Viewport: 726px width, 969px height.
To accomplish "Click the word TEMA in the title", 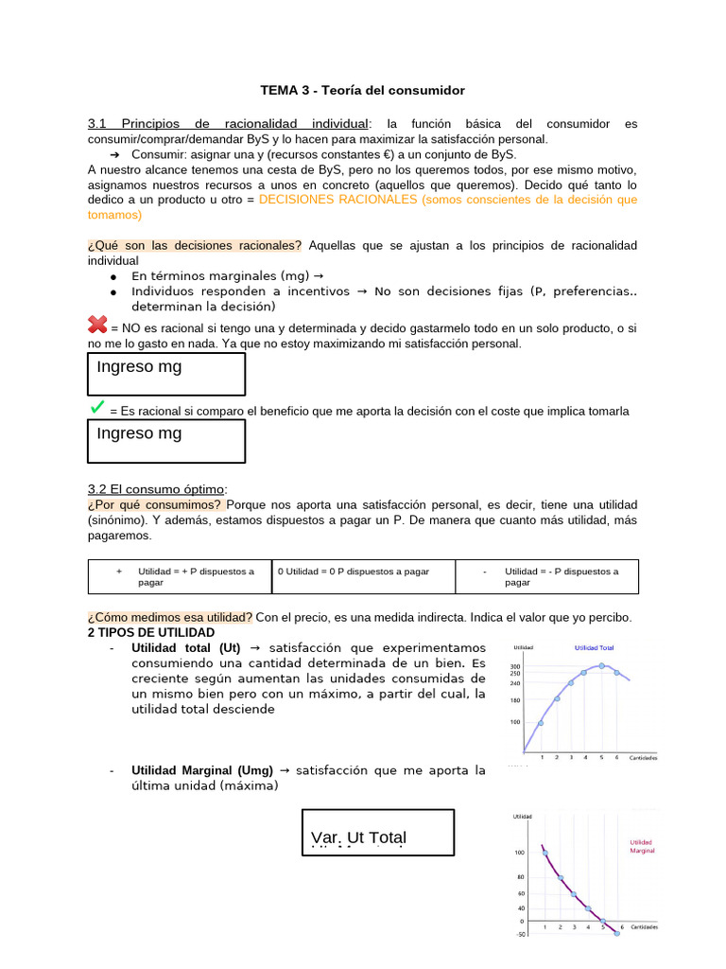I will coord(278,91).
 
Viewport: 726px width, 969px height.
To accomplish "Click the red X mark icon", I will coord(97,326).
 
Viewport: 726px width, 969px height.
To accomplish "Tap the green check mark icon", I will coord(96,407).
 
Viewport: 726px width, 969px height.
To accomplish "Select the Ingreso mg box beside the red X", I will coord(166,373).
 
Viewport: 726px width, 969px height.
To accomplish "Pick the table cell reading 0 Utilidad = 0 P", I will coord(363,576).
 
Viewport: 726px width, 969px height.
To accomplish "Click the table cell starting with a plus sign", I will coord(179,576).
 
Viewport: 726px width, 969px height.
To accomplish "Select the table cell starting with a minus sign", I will coord(546,576).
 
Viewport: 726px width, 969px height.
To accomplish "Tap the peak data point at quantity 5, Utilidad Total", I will coord(602,665).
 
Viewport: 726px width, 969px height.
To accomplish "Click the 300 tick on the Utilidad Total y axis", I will coord(515,666).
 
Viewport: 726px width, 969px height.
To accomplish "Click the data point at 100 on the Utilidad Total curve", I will coord(541,723).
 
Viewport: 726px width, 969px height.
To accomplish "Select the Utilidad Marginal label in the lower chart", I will coord(642,846).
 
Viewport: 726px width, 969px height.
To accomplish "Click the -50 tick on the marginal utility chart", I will coord(518,935).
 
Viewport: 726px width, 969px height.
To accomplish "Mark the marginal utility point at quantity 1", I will coord(544,853).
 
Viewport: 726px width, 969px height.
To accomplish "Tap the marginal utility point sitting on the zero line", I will coord(602,920).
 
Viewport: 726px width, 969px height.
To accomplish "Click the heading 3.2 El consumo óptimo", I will coord(157,489).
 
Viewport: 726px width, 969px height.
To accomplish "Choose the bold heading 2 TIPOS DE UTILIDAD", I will coord(150,632).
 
